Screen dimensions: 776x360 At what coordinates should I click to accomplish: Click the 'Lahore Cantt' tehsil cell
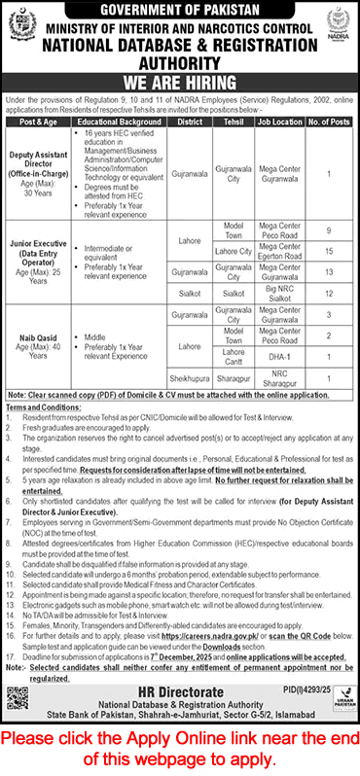pyautogui.click(x=234, y=356)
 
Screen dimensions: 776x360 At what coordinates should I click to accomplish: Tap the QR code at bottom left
pyautogui.click(x=19, y=646)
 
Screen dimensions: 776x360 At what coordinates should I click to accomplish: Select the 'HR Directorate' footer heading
pyautogui.click(x=180, y=638)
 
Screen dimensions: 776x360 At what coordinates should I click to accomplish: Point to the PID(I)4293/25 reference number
pyautogui.click(x=323, y=634)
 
